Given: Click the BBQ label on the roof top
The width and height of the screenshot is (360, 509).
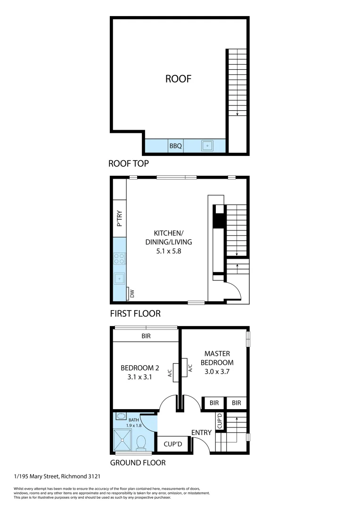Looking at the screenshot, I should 176,146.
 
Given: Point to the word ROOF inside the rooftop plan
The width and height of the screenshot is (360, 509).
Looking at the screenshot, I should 178,79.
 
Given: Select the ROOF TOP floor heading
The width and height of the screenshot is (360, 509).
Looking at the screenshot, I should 129,164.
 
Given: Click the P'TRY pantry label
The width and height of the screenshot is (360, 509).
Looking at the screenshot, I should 120,221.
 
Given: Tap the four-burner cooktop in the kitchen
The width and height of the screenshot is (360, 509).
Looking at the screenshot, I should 120,258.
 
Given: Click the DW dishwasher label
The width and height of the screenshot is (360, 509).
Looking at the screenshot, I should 131,295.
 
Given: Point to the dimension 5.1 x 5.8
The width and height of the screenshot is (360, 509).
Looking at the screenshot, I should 169,251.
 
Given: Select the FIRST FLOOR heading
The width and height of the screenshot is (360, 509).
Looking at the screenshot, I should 135,313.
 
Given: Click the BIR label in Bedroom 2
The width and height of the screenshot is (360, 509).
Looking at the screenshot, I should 146,337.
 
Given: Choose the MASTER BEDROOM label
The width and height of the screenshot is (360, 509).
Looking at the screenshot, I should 217,358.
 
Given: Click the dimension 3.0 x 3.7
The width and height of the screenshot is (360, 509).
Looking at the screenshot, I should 217,371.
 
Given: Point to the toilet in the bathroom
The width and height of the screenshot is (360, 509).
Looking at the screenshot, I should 140,443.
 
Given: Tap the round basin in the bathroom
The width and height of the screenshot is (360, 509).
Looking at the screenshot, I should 121,416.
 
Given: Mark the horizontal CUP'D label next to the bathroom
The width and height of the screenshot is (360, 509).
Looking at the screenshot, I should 173,444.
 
